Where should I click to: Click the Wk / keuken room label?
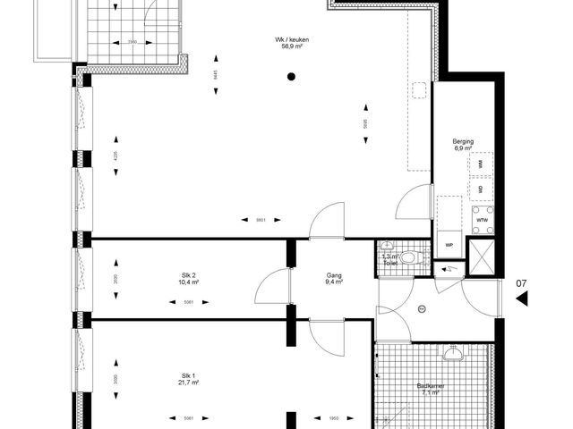click(291, 38)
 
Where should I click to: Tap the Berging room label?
click(463, 141)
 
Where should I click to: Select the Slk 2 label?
click(188, 274)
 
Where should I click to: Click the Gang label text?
click(335, 274)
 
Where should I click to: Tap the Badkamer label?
click(430, 385)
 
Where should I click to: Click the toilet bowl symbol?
click(410, 258)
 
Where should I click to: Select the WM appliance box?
click(481, 164)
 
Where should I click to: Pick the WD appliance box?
click(481, 189)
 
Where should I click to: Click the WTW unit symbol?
click(482, 220)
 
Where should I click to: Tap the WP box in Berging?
click(449, 244)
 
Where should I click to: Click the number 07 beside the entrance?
click(520, 285)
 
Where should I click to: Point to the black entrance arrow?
click(521, 301)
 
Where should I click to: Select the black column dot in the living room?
click(291, 77)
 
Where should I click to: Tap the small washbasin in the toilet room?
click(387, 246)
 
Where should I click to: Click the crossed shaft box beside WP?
click(481, 257)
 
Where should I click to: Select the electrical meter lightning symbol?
click(449, 267)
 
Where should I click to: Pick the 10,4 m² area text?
click(188, 282)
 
